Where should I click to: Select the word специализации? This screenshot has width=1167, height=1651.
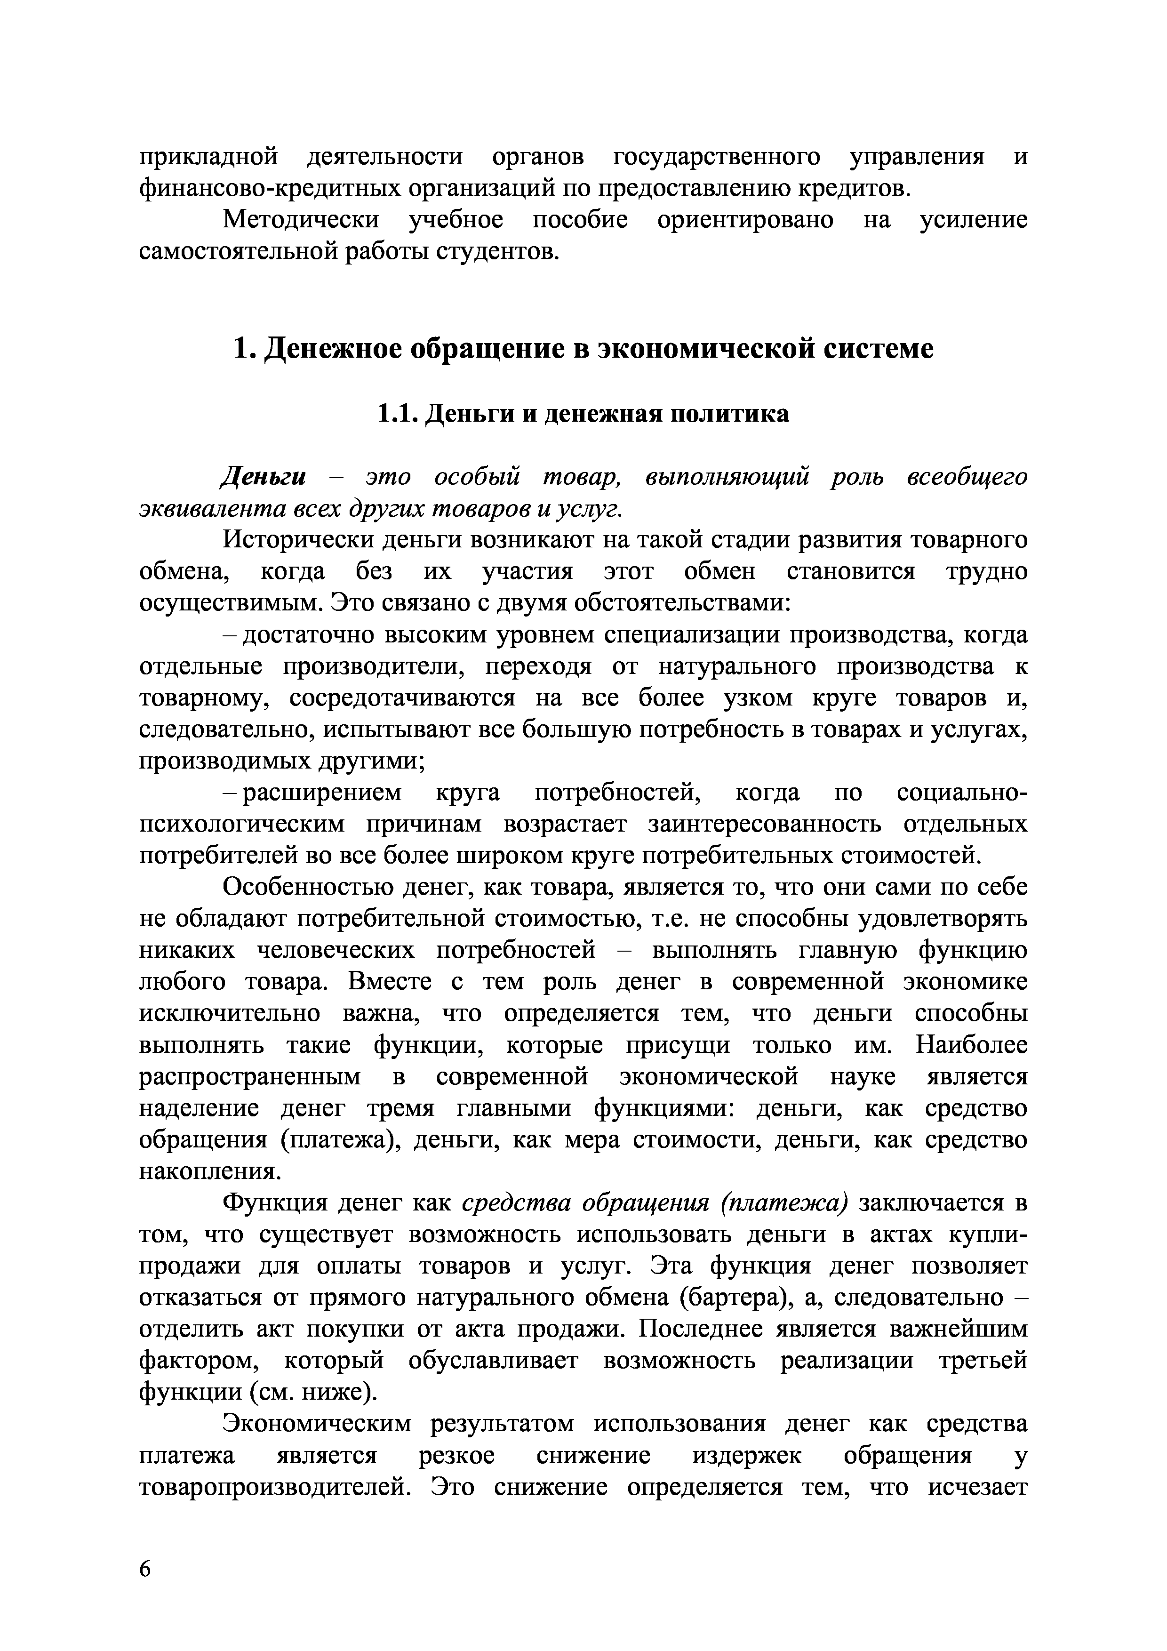697,635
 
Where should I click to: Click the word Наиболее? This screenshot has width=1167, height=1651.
971,1045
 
